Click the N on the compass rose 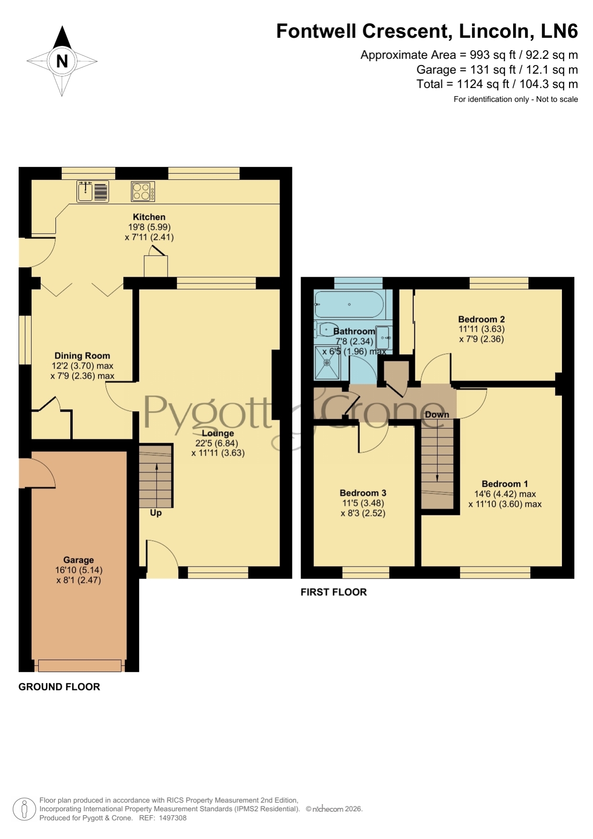point(62,61)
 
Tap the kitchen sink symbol point(93,191)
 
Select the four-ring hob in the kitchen point(143,192)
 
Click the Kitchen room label point(149,217)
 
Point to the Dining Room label point(82,356)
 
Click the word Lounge point(218,433)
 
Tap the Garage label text point(78,560)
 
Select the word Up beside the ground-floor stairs point(156,513)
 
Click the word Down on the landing point(437,414)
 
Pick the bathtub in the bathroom point(349,304)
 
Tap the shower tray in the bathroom point(328,363)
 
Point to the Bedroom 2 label point(481,319)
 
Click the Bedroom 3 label point(363,493)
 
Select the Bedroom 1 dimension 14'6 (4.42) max point(505,494)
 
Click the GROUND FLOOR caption point(59,687)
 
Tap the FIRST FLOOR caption point(334,592)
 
